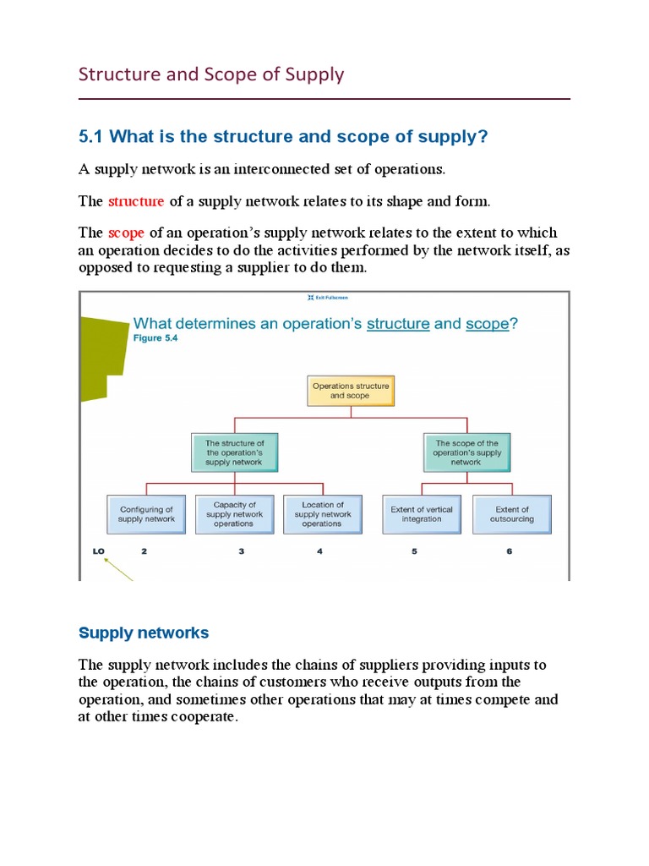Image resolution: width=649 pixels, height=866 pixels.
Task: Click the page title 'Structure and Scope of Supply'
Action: point(211,74)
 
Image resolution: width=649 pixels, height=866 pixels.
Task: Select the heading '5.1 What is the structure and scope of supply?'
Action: point(283,137)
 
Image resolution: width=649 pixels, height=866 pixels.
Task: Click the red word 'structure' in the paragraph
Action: point(136,201)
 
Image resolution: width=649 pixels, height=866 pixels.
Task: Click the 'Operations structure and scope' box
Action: point(350,391)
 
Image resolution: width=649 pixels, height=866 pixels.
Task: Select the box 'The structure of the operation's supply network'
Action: point(234,452)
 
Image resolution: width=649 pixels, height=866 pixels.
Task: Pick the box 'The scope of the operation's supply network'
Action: point(466,452)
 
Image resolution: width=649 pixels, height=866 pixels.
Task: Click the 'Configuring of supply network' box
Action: point(147,514)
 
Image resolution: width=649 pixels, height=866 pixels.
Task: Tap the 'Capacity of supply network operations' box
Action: point(234,514)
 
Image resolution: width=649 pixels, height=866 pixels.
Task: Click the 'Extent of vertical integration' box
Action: point(421,514)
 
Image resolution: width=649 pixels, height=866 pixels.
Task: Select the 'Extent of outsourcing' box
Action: point(512,514)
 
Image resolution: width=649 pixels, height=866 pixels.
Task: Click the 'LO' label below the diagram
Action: point(99,551)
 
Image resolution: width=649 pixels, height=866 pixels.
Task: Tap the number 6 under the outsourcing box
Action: point(510,551)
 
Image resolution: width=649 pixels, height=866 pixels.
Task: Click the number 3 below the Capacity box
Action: point(242,551)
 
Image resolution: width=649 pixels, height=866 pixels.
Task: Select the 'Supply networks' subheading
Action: point(144,633)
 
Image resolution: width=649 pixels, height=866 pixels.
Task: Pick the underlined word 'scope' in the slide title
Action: point(487,323)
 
